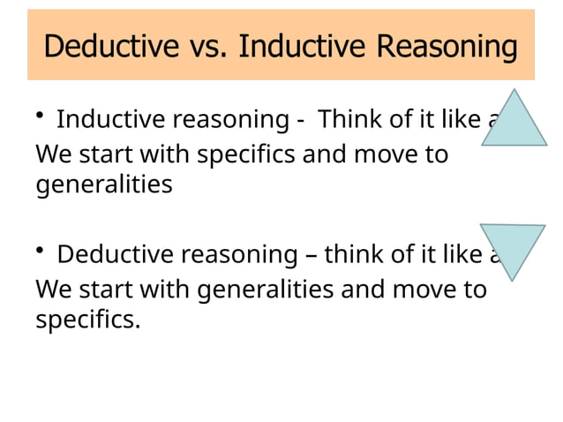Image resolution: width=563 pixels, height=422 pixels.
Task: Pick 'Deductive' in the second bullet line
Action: (114, 255)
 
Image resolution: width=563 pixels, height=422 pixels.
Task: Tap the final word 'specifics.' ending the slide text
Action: (87, 320)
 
